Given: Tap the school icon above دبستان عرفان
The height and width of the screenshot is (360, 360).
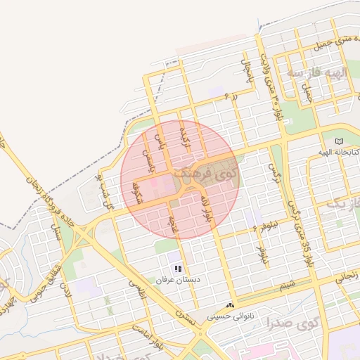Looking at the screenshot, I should (179, 269).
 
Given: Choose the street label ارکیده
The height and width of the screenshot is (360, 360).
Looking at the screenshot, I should (185, 131).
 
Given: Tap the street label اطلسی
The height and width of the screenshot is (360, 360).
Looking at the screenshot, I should (136, 288).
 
